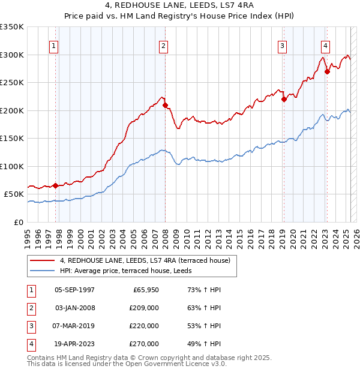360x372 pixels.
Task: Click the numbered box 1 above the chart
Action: pos(55,45)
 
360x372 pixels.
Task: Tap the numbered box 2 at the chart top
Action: pos(164,45)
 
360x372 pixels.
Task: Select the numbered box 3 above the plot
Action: pos(282,45)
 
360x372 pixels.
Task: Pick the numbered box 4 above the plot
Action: pos(325,45)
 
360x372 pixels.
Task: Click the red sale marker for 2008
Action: pos(165,106)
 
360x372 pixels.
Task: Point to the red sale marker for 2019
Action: pos(284,100)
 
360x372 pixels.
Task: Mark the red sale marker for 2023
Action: pos(328,71)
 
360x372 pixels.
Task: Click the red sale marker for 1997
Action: pos(55,185)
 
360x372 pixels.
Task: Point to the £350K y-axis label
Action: pos(12,27)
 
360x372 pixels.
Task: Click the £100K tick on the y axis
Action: pos(12,166)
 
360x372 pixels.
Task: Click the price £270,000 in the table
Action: pos(144,344)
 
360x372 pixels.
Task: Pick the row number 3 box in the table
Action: pos(29,326)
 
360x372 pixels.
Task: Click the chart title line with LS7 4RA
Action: pos(180,7)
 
